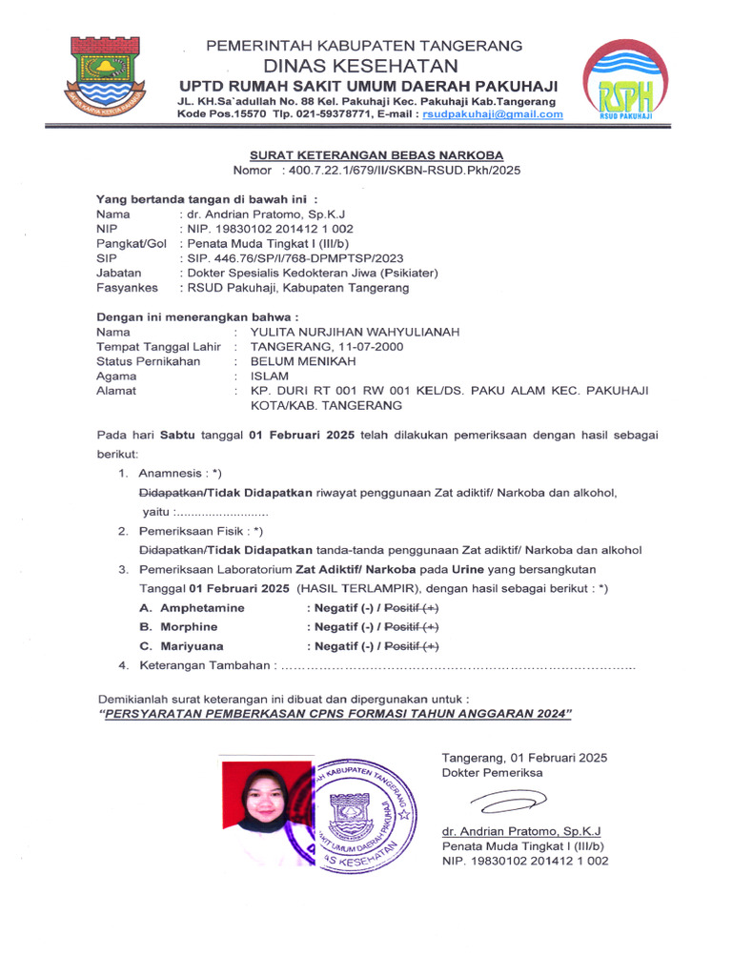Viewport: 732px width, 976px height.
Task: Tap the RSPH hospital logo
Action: pyautogui.click(x=626, y=82)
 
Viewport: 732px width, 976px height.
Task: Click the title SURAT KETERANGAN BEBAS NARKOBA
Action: pyautogui.click(x=376, y=154)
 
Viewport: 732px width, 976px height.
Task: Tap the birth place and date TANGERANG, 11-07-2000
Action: pyautogui.click(x=326, y=346)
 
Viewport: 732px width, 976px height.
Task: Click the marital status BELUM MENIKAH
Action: pyautogui.click(x=302, y=361)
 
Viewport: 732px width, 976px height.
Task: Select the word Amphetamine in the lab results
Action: pyautogui.click(x=202, y=607)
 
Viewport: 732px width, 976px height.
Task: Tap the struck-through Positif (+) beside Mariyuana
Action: pyautogui.click(x=412, y=645)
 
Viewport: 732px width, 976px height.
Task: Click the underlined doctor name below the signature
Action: pyautogui.click(x=509, y=830)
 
